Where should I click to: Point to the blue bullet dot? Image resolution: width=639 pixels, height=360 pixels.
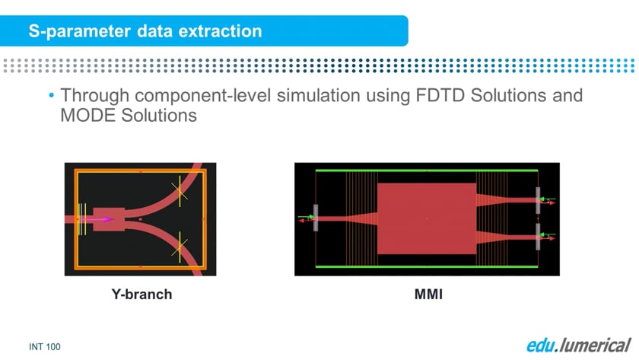coord(52,95)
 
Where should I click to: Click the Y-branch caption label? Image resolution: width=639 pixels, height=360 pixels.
coord(141,295)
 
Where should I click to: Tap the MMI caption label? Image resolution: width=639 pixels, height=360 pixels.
coord(428,295)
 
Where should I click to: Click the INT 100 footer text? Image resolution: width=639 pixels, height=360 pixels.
coord(45,347)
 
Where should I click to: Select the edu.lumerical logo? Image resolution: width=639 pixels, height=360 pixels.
coord(579,345)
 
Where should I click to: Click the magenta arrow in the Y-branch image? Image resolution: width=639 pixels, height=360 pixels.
coord(97,219)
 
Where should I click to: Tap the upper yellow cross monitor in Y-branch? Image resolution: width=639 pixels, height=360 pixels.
coord(180,191)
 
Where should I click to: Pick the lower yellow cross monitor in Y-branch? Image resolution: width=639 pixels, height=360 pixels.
coord(180,247)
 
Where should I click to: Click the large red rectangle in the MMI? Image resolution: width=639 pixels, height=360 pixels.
coord(427,219)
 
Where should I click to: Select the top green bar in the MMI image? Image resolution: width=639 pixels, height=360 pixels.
coord(427,170)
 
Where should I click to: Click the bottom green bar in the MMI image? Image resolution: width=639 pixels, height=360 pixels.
coord(427,267)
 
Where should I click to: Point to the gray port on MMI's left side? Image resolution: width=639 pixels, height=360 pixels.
coord(316,218)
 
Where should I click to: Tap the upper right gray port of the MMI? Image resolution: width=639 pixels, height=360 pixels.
coord(538,200)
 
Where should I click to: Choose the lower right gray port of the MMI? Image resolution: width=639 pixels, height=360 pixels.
coord(538,237)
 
